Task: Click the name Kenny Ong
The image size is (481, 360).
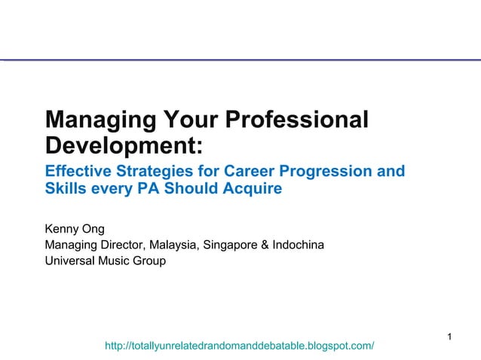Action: (x=75, y=228)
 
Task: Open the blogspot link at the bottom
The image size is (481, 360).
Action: (x=239, y=346)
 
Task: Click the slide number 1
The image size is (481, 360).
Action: (x=449, y=336)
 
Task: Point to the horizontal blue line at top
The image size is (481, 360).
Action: (x=240, y=59)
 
